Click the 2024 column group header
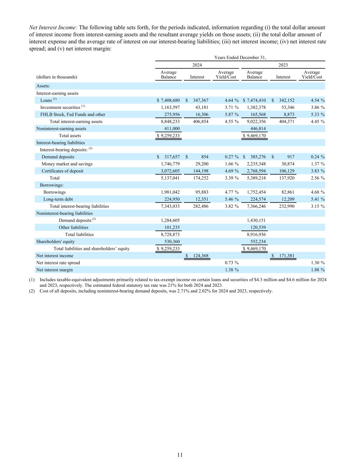[197, 65]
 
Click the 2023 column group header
[283, 65]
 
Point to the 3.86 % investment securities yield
[313, 108]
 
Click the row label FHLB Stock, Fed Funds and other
[73, 115]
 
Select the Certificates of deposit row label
[62, 171]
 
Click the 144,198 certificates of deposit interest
[200, 171]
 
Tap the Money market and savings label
[67, 164]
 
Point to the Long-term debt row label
[58, 199]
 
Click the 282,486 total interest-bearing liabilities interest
[200, 206]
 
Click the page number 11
[180, 455]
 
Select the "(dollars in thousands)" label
[57, 77]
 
